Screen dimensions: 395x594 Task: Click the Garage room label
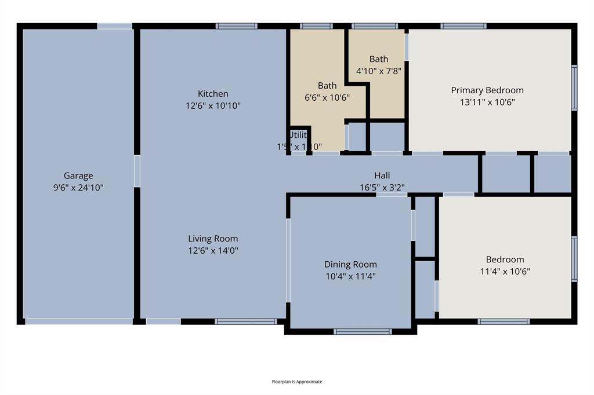tap(78, 175)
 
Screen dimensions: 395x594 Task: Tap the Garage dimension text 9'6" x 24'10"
tap(78, 187)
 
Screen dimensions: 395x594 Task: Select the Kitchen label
tap(213, 94)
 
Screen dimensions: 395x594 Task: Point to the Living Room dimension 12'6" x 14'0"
tap(213, 251)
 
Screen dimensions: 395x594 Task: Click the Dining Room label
tap(350, 265)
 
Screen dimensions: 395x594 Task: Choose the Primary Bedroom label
tap(487, 90)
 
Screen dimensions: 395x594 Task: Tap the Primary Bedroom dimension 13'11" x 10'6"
tap(487, 102)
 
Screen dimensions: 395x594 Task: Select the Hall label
tap(382, 175)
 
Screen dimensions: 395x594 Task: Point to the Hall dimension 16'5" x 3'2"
tap(382, 187)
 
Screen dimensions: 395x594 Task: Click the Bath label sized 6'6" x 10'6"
tap(327, 86)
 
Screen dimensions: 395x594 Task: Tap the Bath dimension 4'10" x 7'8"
tap(379, 71)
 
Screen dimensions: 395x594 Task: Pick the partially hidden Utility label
tap(297, 135)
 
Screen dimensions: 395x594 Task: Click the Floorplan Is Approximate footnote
tap(297, 382)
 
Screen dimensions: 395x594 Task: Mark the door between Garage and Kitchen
tap(137, 171)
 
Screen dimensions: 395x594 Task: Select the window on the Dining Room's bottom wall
tap(363, 332)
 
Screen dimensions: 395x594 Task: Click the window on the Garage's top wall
tap(114, 26)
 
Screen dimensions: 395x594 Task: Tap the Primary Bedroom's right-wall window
tap(574, 87)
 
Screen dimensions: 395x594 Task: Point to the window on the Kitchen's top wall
tap(236, 26)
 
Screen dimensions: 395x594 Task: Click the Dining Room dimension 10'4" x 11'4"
tap(350, 276)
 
